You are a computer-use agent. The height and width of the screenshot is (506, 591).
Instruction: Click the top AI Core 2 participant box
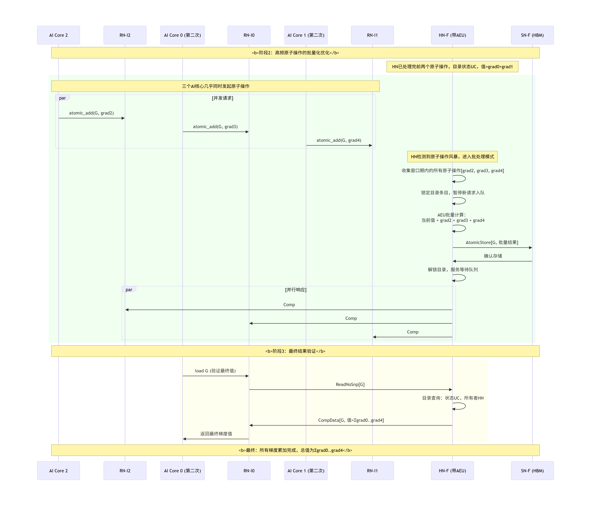[58, 35]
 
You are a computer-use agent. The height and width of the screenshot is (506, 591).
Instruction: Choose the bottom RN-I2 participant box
[125, 471]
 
